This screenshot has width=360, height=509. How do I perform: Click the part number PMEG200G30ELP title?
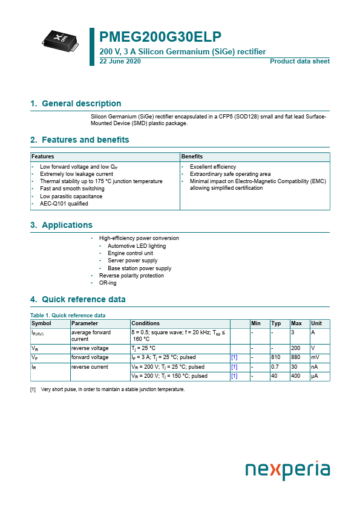click(x=160, y=37)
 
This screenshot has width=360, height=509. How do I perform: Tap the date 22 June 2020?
click(x=119, y=62)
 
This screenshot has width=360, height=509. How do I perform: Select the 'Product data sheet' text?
click(x=299, y=62)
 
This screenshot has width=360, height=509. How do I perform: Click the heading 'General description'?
click(x=81, y=104)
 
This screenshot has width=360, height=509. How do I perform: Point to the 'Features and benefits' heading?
click(x=85, y=140)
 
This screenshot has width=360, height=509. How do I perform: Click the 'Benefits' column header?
click(x=192, y=157)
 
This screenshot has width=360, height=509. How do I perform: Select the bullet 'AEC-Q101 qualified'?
click(x=64, y=204)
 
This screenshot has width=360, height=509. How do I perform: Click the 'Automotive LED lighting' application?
click(x=136, y=246)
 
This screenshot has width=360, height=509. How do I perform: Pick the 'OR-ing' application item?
click(x=108, y=283)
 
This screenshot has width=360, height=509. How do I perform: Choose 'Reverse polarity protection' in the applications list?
click(x=131, y=276)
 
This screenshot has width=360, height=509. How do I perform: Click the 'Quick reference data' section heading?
click(x=83, y=300)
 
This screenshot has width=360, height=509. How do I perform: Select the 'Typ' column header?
click(x=276, y=323)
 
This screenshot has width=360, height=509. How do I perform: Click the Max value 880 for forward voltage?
click(x=296, y=357)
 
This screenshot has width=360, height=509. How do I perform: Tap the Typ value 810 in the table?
click(x=276, y=357)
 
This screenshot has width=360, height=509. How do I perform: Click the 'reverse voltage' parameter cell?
click(x=90, y=348)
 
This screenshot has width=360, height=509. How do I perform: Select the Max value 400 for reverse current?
click(x=296, y=376)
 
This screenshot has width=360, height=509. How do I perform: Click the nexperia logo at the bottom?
click(x=287, y=470)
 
